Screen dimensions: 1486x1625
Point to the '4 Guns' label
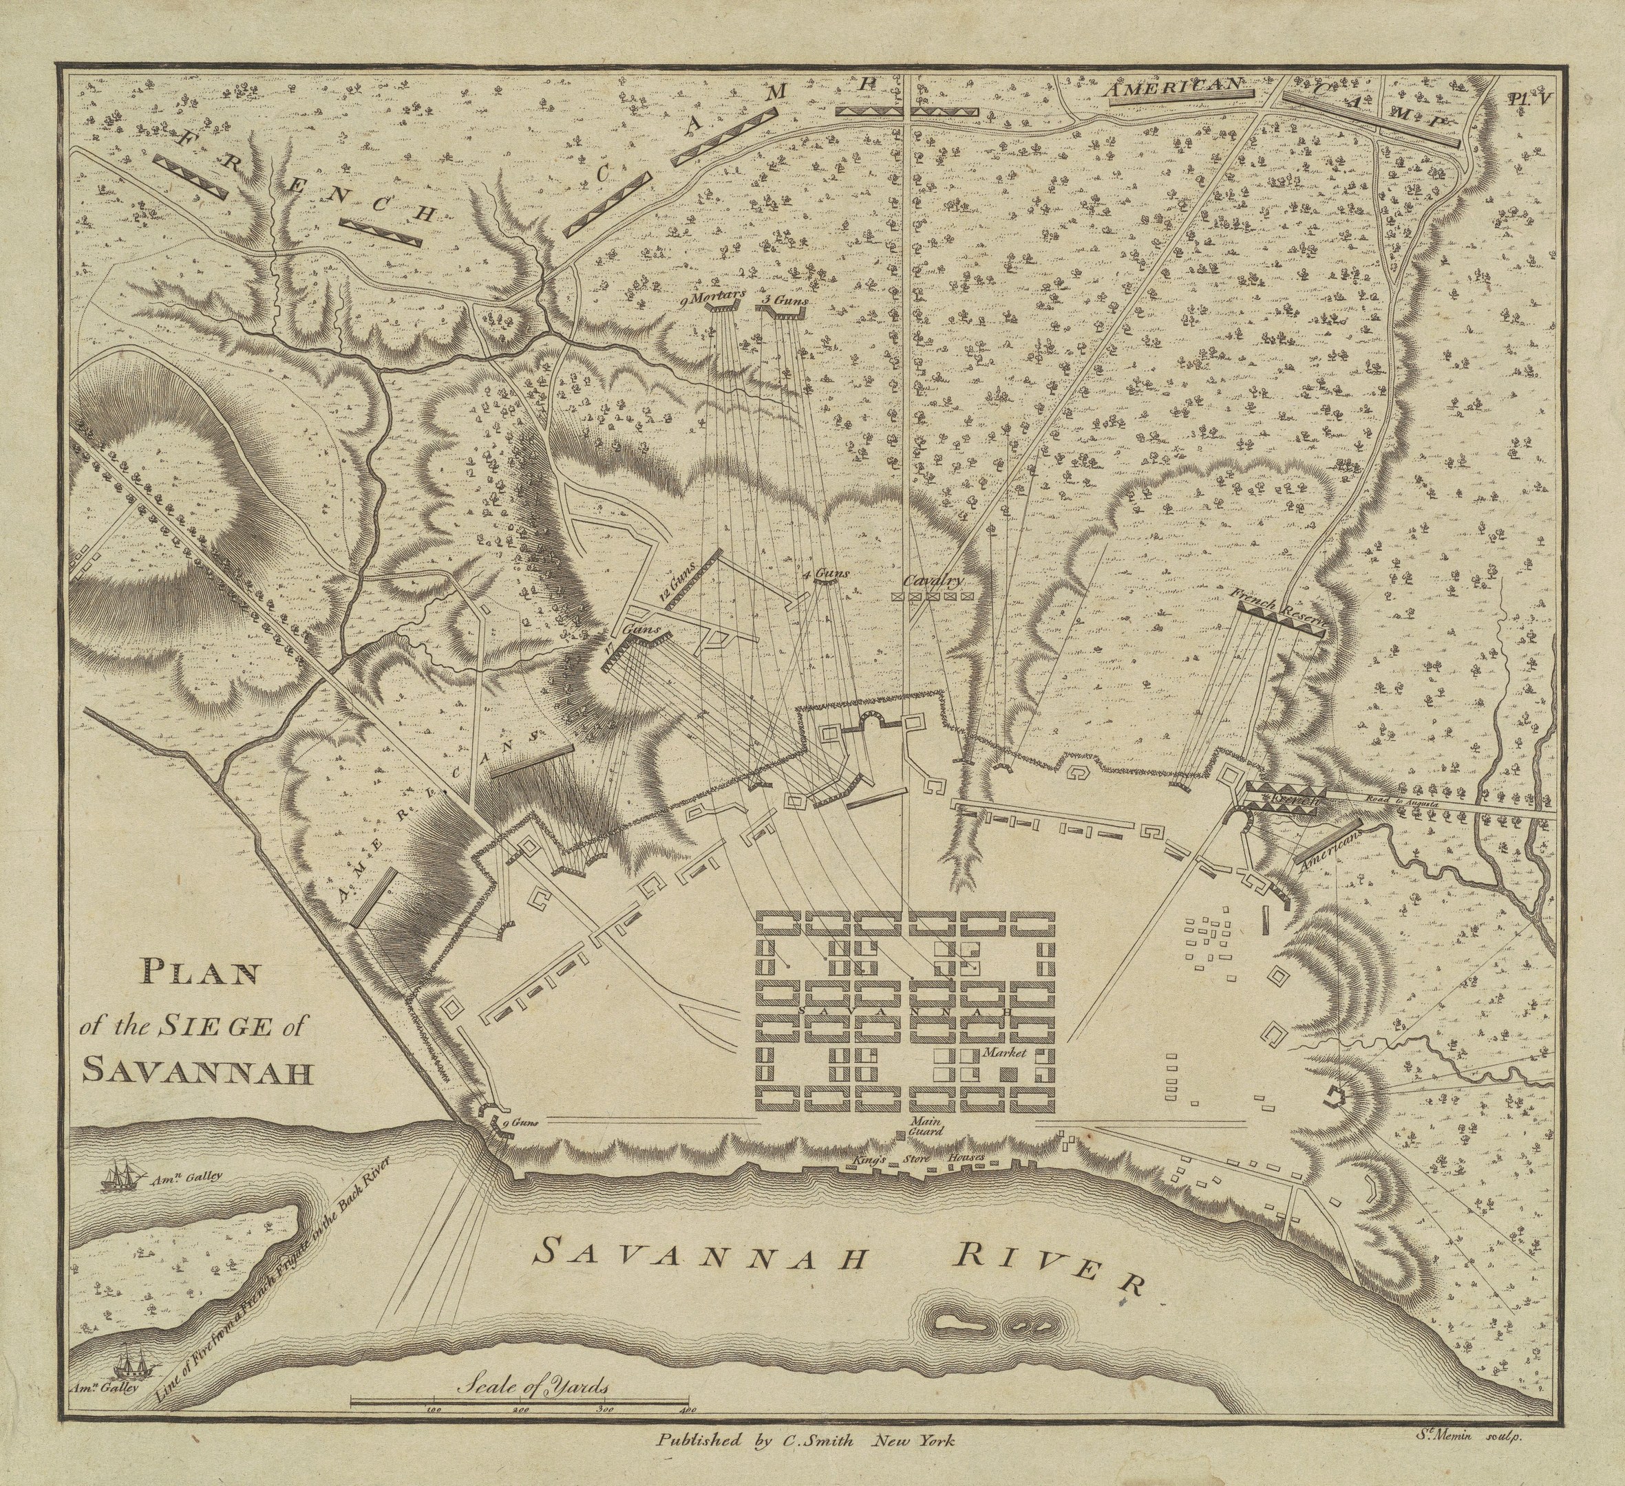[x=826, y=574]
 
